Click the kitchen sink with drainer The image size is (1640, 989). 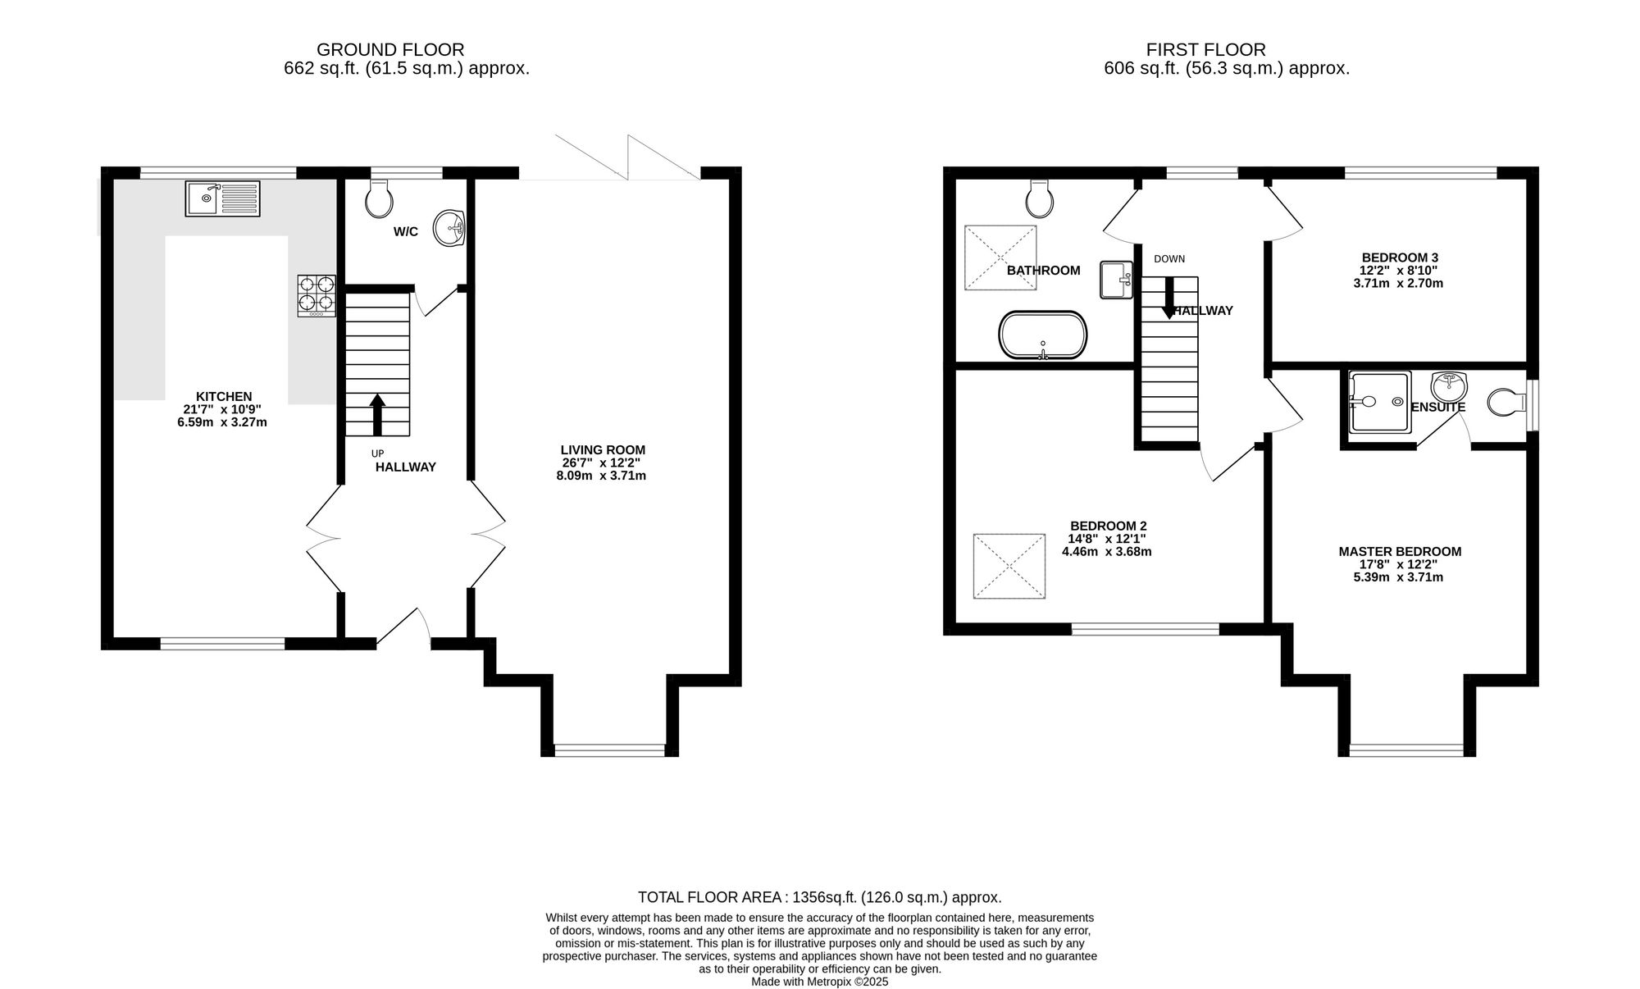click(222, 198)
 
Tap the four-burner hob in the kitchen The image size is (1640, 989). click(317, 295)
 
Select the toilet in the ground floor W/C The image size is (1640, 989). click(378, 198)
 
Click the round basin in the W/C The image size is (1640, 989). click(449, 227)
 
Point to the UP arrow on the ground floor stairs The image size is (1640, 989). click(377, 415)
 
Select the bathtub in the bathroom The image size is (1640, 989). click(1043, 335)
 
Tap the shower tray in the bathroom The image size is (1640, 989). click(1000, 258)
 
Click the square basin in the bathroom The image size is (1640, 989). click(1116, 280)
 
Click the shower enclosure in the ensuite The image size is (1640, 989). click(1380, 402)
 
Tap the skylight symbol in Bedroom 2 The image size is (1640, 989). click(1009, 566)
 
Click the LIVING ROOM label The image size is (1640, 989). click(603, 450)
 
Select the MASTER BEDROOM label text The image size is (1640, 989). click(1400, 552)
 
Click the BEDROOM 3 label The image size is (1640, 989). click(1400, 257)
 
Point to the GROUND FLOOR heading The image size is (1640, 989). click(390, 50)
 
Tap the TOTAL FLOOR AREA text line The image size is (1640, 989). click(820, 897)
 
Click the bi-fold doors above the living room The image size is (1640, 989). click(627, 157)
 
